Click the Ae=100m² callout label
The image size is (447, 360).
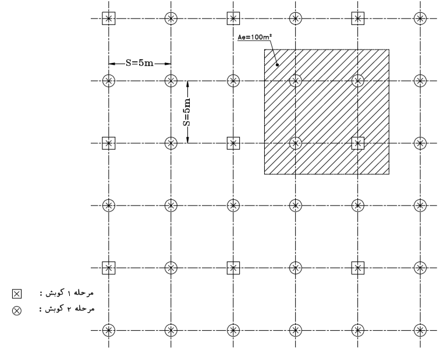pyautogui.click(x=254, y=37)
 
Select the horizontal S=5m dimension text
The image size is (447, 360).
pyautogui.click(x=140, y=63)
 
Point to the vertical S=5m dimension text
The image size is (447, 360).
pyautogui.click(x=186, y=112)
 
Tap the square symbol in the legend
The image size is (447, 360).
pyautogui.click(x=17, y=294)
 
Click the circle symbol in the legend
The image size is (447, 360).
pyautogui.click(x=17, y=310)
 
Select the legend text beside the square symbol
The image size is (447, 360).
pyautogui.click(x=67, y=293)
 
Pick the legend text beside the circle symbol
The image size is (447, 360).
pyautogui.click(x=67, y=309)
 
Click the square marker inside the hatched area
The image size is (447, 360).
pyautogui.click(x=358, y=143)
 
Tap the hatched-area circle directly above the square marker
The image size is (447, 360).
pyautogui.click(x=358, y=81)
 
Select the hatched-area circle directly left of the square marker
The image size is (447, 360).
pyautogui.click(x=295, y=143)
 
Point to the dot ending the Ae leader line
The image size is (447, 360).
pyautogui.click(x=278, y=65)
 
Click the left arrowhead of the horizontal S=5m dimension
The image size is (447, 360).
pyautogui.click(x=112, y=63)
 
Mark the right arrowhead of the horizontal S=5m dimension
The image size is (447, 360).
pyautogui.click(x=168, y=63)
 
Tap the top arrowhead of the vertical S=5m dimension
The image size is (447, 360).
pyautogui.click(x=187, y=84)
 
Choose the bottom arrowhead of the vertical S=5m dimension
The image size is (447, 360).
pyautogui.click(x=187, y=139)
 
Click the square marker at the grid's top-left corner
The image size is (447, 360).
pyautogui.click(x=109, y=19)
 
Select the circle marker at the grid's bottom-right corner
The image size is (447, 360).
pyautogui.click(x=420, y=331)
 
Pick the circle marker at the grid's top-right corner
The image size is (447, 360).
pyautogui.click(x=420, y=19)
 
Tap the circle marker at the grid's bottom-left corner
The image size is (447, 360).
pyautogui.click(x=109, y=331)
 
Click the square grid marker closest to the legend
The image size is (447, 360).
pyautogui.click(x=109, y=268)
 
